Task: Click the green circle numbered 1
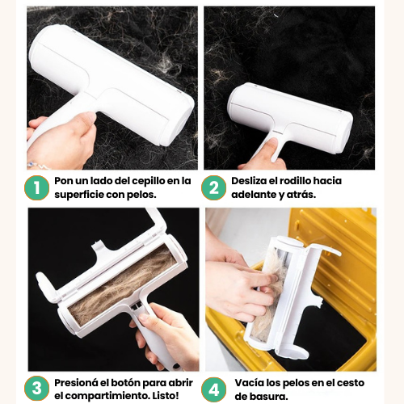click(37, 187)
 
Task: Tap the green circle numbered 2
click(214, 187)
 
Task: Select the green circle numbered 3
click(37, 389)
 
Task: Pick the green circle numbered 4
click(214, 389)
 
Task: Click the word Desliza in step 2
click(247, 181)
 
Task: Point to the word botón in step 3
click(126, 382)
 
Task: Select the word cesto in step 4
click(351, 383)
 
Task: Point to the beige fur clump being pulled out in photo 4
click(267, 297)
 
